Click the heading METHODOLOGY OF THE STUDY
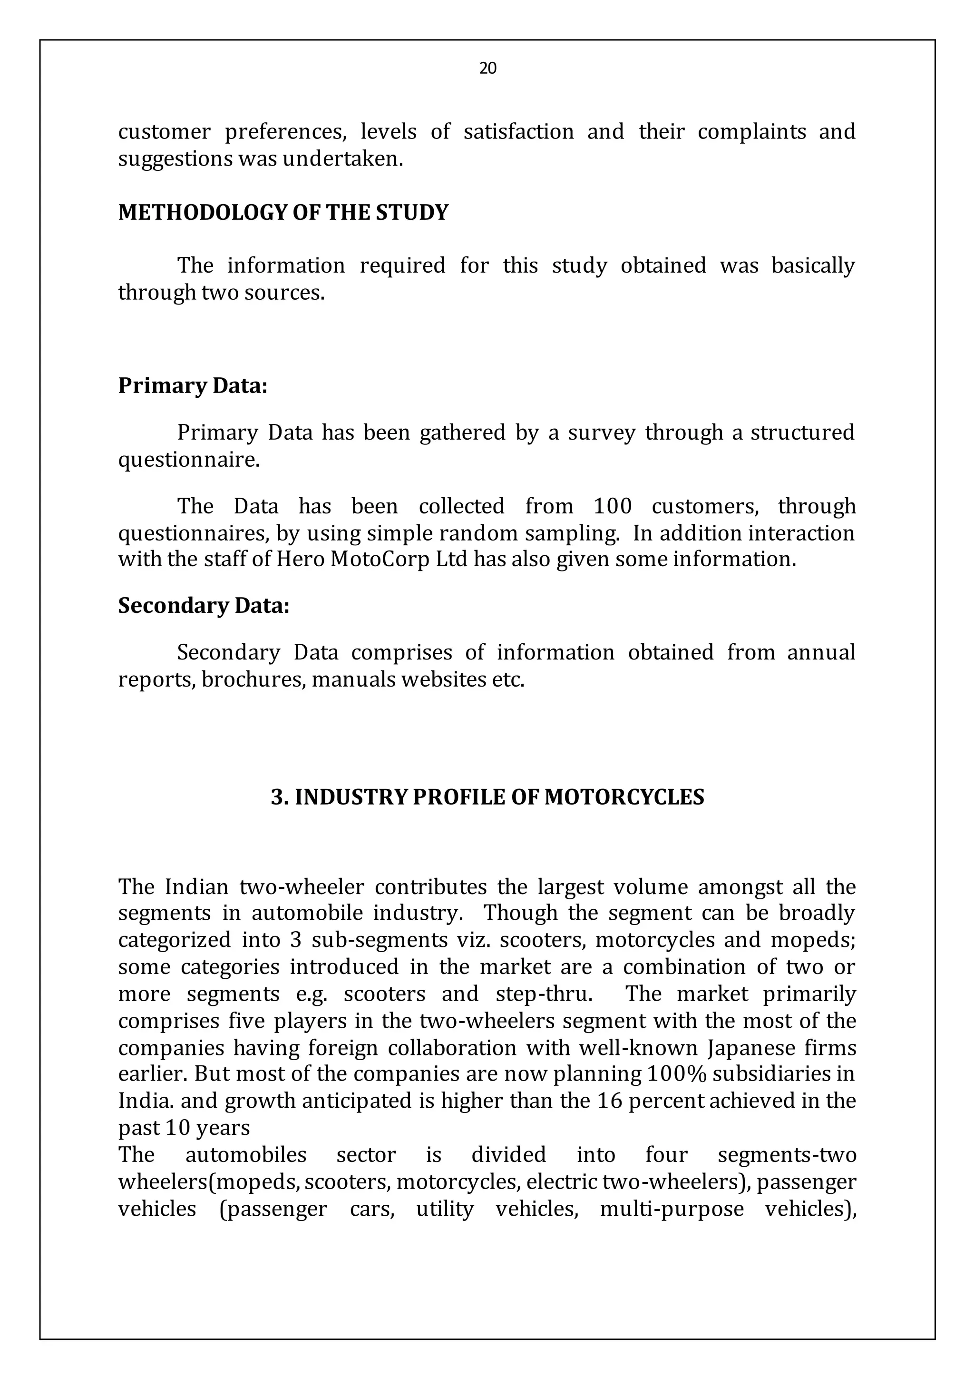click(x=283, y=213)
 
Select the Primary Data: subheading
click(x=193, y=385)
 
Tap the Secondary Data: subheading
click(x=204, y=606)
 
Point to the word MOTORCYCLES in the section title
click(x=624, y=797)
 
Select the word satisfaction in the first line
click(x=519, y=131)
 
